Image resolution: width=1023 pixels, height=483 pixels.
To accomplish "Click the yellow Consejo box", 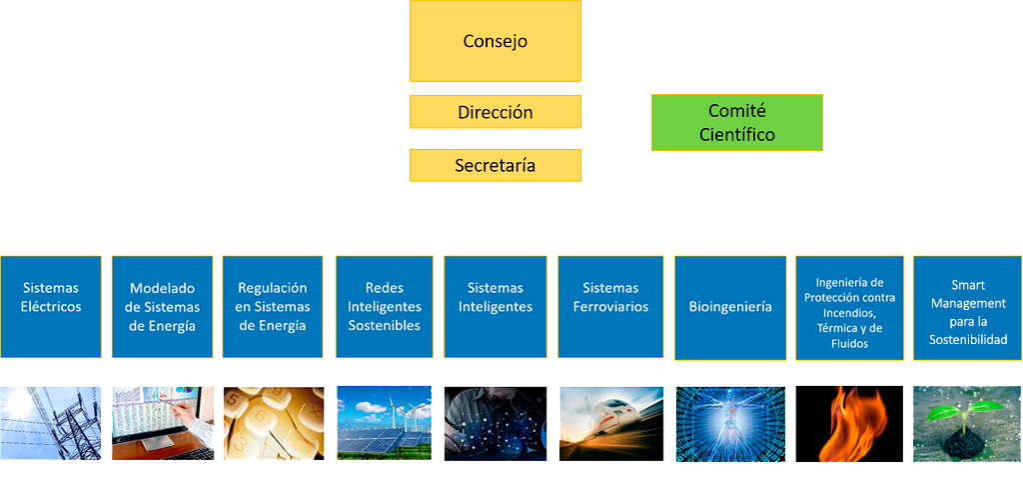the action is click(x=496, y=41).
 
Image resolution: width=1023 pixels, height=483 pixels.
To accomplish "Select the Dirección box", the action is click(x=496, y=112).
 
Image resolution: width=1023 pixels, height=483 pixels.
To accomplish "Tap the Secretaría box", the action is click(x=496, y=165).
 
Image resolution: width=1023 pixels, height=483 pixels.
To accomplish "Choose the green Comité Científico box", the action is click(x=737, y=123).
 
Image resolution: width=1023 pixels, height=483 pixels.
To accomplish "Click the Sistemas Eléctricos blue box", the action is click(x=51, y=307).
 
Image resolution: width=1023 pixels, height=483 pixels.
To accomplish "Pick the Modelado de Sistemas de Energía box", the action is click(x=163, y=307).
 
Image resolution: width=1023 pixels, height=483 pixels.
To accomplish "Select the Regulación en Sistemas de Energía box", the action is click(x=273, y=307).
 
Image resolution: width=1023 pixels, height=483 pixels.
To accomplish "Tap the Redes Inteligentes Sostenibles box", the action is click(x=385, y=307).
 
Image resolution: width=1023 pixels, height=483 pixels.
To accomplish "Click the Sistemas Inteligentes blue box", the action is click(x=496, y=307).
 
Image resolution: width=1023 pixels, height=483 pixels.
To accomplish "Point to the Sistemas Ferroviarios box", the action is click(x=610, y=307).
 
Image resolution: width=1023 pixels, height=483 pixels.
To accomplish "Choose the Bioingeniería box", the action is click(x=730, y=308).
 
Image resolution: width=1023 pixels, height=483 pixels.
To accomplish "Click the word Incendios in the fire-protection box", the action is click(x=849, y=313).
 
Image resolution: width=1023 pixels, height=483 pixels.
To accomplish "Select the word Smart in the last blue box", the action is click(x=968, y=285).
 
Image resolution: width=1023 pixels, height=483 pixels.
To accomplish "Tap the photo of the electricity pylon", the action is click(x=51, y=423).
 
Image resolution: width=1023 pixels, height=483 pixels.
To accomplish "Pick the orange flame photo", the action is click(x=849, y=424).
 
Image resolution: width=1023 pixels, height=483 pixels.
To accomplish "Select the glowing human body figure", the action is click(x=730, y=424).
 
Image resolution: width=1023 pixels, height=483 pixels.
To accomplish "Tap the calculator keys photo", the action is click(x=274, y=423).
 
